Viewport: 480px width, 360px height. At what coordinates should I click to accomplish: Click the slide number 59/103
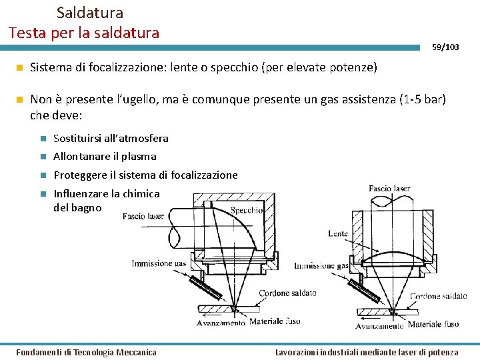445,47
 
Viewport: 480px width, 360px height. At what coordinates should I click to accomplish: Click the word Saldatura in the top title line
90,12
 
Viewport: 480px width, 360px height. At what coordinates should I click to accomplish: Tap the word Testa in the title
26,32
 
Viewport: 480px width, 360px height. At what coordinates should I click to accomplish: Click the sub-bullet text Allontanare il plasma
105,157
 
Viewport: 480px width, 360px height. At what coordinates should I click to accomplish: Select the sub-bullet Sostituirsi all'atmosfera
111,139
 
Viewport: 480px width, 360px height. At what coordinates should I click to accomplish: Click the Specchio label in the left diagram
246,211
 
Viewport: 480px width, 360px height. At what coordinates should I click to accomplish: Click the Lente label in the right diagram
338,233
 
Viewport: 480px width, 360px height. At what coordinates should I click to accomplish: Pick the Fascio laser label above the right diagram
389,189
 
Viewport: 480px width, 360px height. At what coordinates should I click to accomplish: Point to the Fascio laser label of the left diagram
143,216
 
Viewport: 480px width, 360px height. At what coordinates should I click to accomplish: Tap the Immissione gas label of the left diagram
159,263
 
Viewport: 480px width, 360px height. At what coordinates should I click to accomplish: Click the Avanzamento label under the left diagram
221,323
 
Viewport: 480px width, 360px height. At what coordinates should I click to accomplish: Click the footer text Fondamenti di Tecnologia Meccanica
87,352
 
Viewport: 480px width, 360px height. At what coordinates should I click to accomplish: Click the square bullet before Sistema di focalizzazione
20,67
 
